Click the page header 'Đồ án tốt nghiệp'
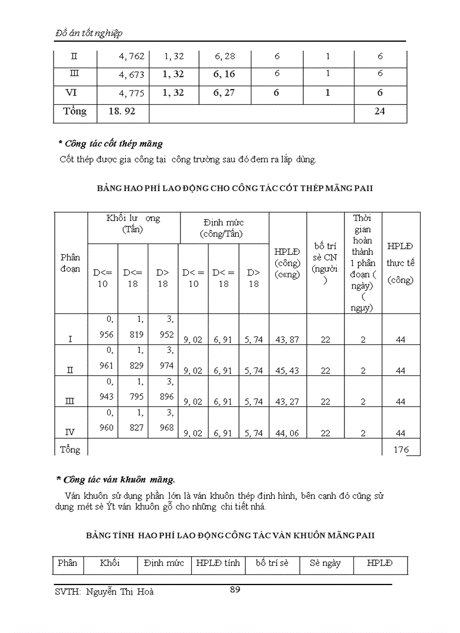pyautogui.click(x=89, y=33)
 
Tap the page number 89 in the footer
pyautogui.click(x=236, y=590)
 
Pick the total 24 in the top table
pyautogui.click(x=379, y=112)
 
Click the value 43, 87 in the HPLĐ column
pyautogui.click(x=287, y=339)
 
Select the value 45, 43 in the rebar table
pyautogui.click(x=287, y=370)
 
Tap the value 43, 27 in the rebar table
pyautogui.click(x=287, y=401)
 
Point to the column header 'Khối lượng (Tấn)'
pyautogui.click(x=133, y=224)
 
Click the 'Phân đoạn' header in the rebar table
pyautogui.click(x=70, y=263)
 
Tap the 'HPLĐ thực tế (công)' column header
pyautogui.click(x=400, y=263)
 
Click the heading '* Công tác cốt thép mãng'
pyautogui.click(x=110, y=144)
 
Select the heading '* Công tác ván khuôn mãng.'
pyautogui.click(x=116, y=480)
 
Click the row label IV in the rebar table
pyautogui.click(x=70, y=432)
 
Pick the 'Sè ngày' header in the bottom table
pyautogui.click(x=325, y=563)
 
